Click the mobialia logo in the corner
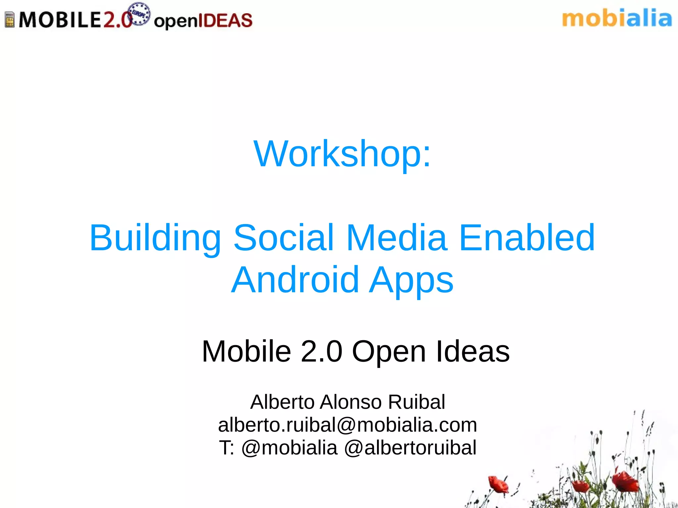[617, 19]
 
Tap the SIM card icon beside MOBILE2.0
[10, 20]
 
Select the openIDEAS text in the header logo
[203, 21]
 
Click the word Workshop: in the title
[342, 154]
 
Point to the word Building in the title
[155, 238]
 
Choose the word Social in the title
[284, 238]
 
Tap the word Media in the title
[397, 238]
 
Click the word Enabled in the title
[527, 238]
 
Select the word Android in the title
[295, 280]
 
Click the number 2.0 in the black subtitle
[321, 351]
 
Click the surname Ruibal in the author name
[416, 402]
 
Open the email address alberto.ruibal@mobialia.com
[347, 425]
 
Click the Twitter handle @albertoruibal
[410, 448]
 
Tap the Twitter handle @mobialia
[289, 448]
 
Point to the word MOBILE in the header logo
[60, 20]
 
